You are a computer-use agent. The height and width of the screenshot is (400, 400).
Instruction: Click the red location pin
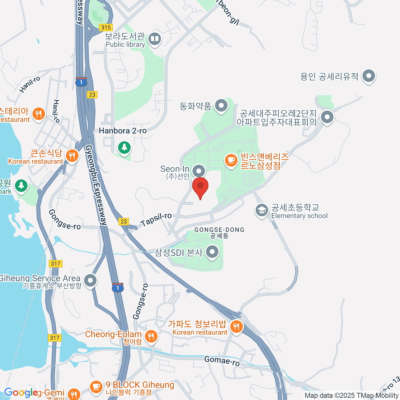click(200, 187)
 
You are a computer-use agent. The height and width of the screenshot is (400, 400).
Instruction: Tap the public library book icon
click(154, 39)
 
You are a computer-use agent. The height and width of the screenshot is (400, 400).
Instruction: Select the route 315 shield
click(106, 28)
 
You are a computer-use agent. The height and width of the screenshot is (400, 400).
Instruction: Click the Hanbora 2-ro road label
click(123, 131)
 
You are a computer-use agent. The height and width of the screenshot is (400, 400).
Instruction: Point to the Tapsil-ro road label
click(156, 220)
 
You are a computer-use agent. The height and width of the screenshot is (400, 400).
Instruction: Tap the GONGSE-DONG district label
click(219, 230)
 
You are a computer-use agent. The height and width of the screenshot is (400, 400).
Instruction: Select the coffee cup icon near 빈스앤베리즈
click(231, 161)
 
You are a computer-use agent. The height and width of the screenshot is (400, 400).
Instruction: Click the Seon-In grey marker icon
click(199, 171)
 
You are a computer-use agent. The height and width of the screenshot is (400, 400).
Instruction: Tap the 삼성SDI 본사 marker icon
click(212, 252)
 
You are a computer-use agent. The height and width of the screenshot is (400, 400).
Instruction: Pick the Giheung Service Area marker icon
click(90, 280)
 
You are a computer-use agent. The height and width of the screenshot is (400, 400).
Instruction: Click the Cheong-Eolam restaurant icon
click(151, 336)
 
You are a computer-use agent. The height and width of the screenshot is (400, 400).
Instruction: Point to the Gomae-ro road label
click(222, 361)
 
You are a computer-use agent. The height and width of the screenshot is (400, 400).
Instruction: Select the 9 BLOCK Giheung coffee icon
click(96, 386)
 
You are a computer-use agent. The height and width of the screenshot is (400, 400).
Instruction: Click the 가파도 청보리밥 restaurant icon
click(236, 326)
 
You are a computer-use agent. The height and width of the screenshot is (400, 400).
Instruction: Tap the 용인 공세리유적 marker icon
click(368, 76)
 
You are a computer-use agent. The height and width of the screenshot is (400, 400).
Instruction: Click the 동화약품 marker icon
click(221, 106)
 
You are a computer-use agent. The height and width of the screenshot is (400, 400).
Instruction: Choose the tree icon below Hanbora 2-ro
click(124, 147)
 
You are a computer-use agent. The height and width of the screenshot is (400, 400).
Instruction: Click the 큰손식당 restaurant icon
click(72, 155)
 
